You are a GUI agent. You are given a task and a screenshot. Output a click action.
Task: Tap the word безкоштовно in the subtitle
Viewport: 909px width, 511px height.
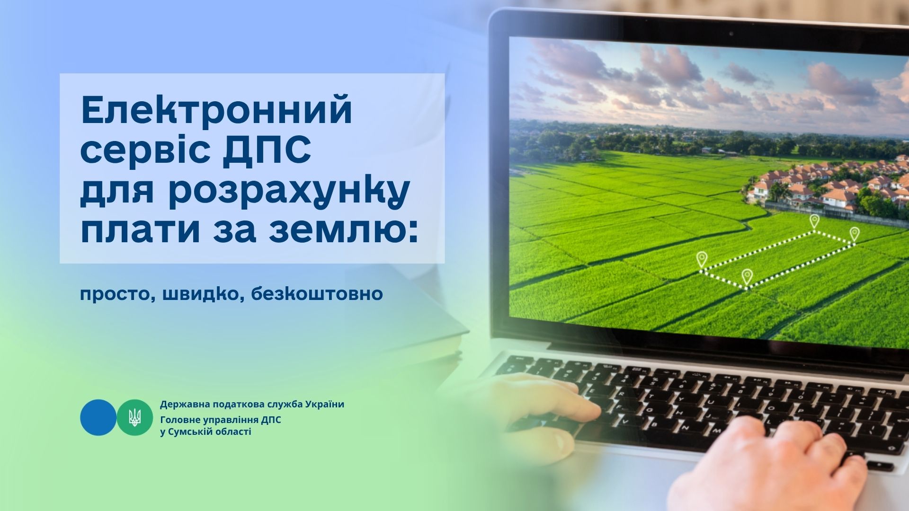pyautogui.click(x=317, y=293)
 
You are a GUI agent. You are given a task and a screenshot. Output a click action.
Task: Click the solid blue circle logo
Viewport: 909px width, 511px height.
pyautogui.click(x=98, y=417)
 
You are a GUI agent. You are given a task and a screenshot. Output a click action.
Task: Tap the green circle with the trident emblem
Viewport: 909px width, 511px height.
pyautogui.click(x=135, y=417)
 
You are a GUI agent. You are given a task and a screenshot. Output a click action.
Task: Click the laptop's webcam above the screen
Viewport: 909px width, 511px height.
pyautogui.click(x=731, y=34)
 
